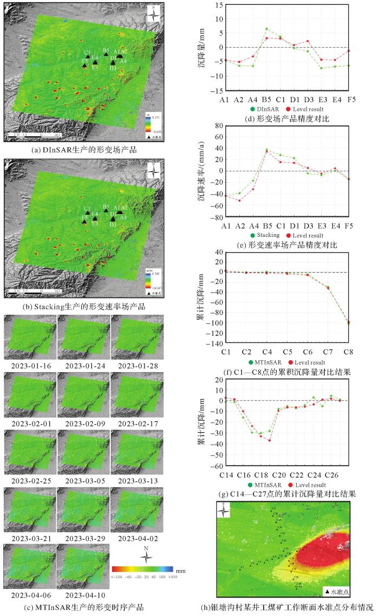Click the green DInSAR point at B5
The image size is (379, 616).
pyautogui.click(x=266, y=29)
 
